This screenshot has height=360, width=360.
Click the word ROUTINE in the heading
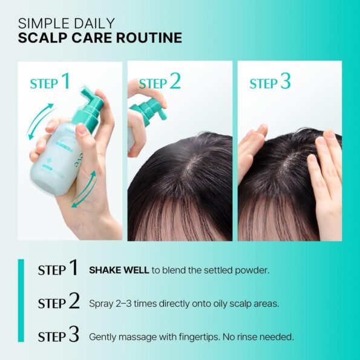[x=149, y=38]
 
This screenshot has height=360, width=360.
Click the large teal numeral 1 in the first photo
[x=65, y=81]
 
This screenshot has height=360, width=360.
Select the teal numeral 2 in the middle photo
[x=175, y=81]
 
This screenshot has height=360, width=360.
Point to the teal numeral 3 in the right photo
[x=286, y=81]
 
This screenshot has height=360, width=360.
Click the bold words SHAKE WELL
[x=119, y=270]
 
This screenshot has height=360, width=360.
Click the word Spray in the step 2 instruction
[x=101, y=304]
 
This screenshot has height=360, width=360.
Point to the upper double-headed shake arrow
[x=40, y=121]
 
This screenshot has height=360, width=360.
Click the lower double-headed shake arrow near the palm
[x=83, y=189]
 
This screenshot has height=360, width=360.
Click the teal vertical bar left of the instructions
[x=21, y=301]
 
